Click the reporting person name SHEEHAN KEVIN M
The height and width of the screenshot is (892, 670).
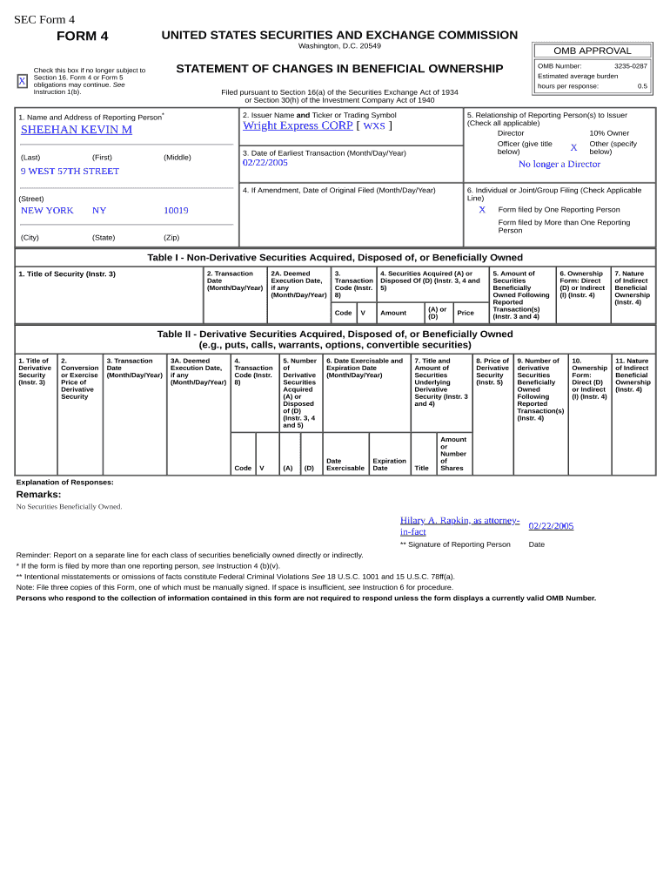[77, 130]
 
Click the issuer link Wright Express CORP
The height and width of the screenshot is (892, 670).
[298, 125]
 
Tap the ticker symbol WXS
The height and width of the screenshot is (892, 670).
[373, 126]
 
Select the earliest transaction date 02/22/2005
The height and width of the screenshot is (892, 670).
[265, 163]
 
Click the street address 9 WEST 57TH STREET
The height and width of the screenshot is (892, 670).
[70, 172]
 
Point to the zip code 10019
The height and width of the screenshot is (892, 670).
[176, 211]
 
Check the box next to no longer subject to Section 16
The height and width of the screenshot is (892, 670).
[23, 81]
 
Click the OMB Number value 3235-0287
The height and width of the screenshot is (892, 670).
[630, 66]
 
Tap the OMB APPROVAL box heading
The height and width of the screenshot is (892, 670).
[592, 51]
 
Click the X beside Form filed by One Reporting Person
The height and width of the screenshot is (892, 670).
[481, 210]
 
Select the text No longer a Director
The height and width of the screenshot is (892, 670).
[559, 164]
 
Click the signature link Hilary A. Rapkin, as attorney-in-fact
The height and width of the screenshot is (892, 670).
[459, 525]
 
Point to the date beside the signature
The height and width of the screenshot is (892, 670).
[551, 526]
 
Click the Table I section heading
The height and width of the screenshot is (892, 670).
[335, 258]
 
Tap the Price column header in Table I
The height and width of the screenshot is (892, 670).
[466, 313]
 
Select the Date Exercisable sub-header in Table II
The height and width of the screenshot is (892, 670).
[345, 464]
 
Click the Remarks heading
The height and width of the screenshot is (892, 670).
[38, 495]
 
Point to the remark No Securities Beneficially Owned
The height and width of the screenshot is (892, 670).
[70, 507]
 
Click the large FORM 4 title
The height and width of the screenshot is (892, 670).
[83, 36]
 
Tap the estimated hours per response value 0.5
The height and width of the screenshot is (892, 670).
[642, 86]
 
